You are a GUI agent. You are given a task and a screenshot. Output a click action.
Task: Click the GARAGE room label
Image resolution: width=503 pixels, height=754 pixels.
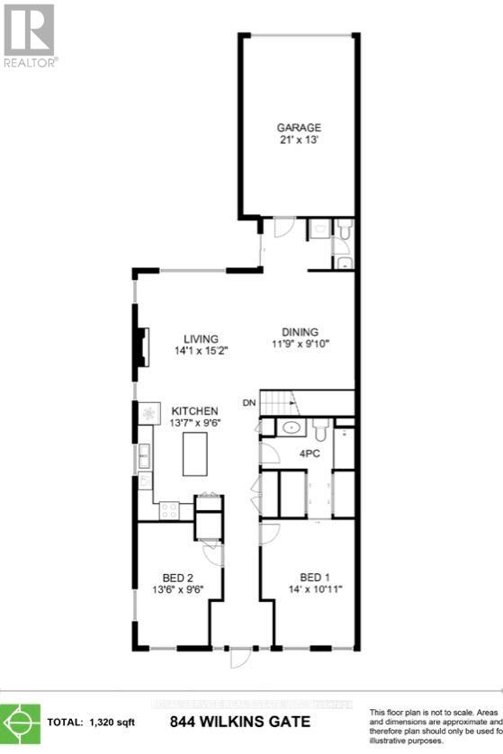pos(298,128)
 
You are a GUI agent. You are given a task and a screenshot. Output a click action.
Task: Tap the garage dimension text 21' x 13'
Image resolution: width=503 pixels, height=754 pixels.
pos(298,140)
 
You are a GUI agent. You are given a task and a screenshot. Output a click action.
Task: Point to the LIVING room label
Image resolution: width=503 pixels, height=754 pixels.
pos(202,338)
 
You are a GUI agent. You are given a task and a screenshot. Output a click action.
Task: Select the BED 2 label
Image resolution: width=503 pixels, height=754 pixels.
pos(178,578)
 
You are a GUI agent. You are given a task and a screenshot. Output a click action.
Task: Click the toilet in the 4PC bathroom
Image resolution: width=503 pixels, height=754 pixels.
pos(321,427)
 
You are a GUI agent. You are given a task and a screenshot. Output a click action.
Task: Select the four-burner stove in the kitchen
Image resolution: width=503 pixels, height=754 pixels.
pos(169,510)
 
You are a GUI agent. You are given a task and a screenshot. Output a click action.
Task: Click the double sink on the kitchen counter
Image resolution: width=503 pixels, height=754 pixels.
pos(144,457)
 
